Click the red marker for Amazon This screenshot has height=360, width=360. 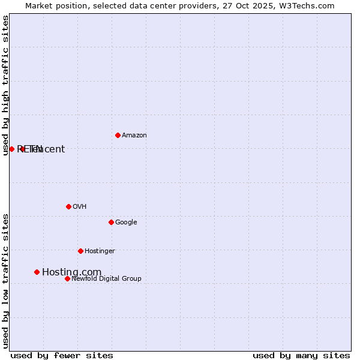click(118, 135)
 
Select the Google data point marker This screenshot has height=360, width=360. click(111, 222)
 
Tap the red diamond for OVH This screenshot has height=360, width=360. click(68, 206)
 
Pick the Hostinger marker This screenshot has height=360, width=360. click(80, 251)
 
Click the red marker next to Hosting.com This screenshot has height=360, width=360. click(37, 272)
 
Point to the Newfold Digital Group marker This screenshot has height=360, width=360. click(67, 278)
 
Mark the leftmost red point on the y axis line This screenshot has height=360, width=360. click(11, 149)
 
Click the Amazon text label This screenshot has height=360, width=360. click(134, 136)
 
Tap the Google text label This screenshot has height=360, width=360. click(126, 223)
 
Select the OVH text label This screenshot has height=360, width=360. click(79, 207)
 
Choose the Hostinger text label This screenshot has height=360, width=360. click(100, 251)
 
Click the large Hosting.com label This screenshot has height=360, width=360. click(71, 272)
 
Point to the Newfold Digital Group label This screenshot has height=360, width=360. click(106, 279)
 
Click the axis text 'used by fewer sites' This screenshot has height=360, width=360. click(62, 355)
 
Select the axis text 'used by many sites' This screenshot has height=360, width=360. click(301, 355)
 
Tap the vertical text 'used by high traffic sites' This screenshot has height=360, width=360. click(5, 85)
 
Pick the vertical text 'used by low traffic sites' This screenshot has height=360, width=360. click(5, 281)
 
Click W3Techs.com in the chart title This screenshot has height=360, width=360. click(310, 5)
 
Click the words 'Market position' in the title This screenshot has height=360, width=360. click(53, 5)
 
